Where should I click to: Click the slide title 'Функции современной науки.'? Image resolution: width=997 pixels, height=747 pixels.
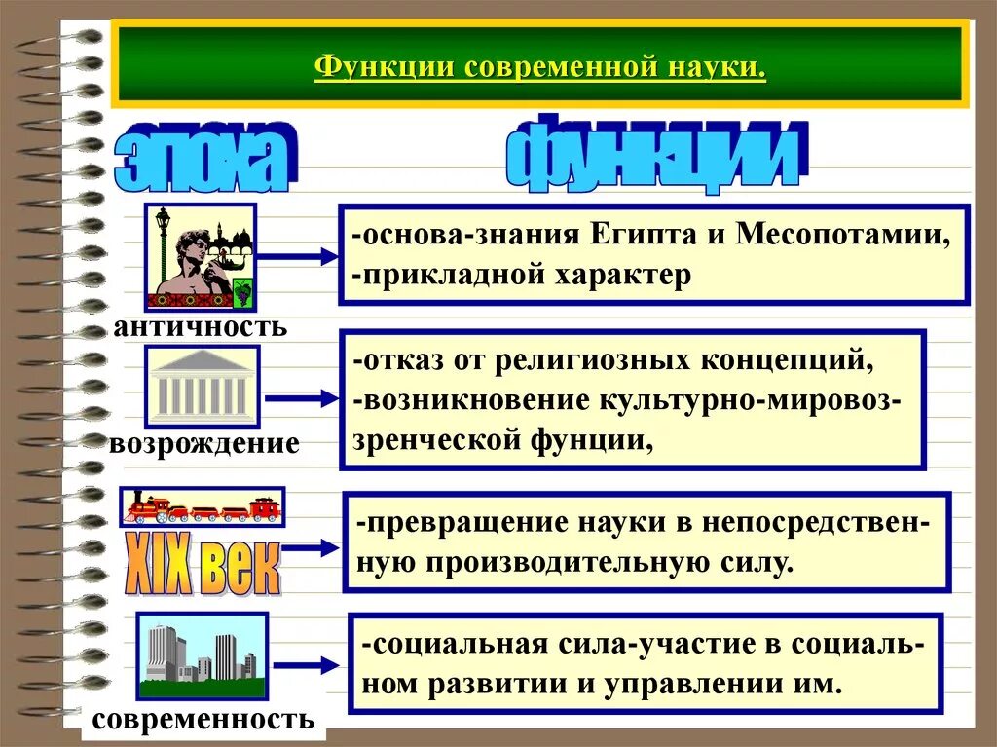539,69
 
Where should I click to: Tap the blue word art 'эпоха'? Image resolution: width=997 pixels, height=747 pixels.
205,157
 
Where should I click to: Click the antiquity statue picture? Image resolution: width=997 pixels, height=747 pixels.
200,256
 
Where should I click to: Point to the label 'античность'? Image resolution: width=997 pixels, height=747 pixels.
201,326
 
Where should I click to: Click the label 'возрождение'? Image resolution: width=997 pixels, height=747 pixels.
204,444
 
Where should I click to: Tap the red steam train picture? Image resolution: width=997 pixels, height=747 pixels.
202,507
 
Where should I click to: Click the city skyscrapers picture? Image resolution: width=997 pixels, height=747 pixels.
202,655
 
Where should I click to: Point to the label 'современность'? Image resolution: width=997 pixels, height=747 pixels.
203,721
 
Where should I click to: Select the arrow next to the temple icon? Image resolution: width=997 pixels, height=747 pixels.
301,398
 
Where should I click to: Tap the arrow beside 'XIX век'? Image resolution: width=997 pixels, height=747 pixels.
310,548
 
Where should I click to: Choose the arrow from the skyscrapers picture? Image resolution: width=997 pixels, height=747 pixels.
306,666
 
